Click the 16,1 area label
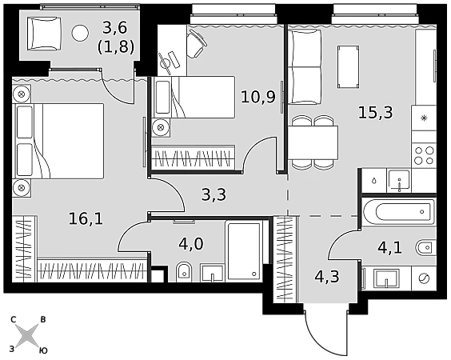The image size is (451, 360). pos(86,219)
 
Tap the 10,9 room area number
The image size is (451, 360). pos(258,97)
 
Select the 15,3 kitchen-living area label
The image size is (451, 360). pos(375,112)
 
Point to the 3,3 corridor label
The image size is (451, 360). pos(214,195)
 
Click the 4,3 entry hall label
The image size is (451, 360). pos(327,276)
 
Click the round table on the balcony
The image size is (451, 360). pos(80,33)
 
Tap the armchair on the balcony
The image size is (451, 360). pos(44,34)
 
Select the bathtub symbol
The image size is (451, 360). pos(399,212)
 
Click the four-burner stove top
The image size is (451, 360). pos(424,155)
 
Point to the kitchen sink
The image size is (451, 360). pos(399,181)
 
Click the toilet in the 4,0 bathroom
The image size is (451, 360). pos(184,271)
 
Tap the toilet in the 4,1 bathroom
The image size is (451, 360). pos(426,247)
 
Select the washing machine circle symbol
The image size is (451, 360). pos(425,278)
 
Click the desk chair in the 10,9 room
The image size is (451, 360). pos(197,44)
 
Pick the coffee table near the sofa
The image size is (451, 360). pos(349,66)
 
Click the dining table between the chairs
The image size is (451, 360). pos(313,142)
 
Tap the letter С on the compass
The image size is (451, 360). pos(13,319)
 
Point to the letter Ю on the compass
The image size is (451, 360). pos(43,350)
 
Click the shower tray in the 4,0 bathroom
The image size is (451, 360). pos(244,250)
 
